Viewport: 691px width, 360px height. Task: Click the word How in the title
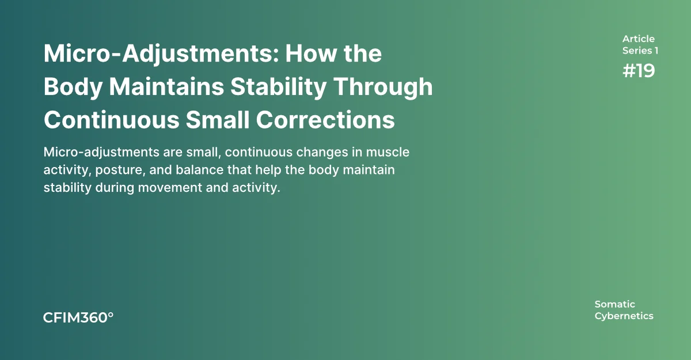click(311, 54)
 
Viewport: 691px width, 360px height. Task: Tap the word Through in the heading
click(384, 88)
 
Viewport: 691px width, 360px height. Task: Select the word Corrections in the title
click(325, 120)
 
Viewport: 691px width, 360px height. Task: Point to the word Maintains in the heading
click(166, 86)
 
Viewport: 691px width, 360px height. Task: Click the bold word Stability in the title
click(278, 88)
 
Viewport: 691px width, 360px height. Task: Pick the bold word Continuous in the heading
click(111, 120)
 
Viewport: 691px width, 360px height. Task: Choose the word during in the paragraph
click(115, 188)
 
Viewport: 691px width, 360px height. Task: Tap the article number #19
click(638, 71)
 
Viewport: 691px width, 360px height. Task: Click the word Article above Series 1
click(638, 39)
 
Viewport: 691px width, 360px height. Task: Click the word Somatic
click(614, 304)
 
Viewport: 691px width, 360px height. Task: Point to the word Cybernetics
click(624, 316)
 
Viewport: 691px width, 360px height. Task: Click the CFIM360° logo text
click(78, 318)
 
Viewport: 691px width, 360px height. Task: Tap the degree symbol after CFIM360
click(111, 314)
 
